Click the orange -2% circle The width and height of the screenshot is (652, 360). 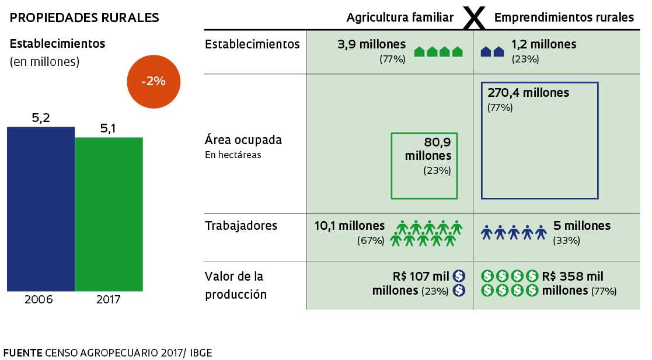coord(154,81)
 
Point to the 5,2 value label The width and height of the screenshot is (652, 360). coord(41,118)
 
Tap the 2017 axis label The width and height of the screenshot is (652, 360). coord(109,300)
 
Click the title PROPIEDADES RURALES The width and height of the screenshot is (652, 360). coord(85,18)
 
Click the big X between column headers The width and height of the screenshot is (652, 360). coord(474,19)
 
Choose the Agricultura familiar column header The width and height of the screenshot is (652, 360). coord(400,18)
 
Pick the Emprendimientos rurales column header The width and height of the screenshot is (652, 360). coord(564,18)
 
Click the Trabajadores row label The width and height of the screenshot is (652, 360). coord(241,226)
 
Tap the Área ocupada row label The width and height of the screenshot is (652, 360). coord(243,140)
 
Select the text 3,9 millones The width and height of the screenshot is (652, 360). coord(371,44)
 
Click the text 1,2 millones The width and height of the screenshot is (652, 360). coord(544,44)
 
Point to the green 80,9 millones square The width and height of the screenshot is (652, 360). coord(424,166)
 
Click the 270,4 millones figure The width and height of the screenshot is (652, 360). coord(528,93)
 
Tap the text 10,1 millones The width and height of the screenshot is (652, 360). coord(350,226)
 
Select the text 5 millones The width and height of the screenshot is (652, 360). coord(581,226)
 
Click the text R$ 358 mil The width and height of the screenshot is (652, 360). coord(573,277)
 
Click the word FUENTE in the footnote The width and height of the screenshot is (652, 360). coord(23,353)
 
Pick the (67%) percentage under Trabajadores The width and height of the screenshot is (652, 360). coord(371,240)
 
